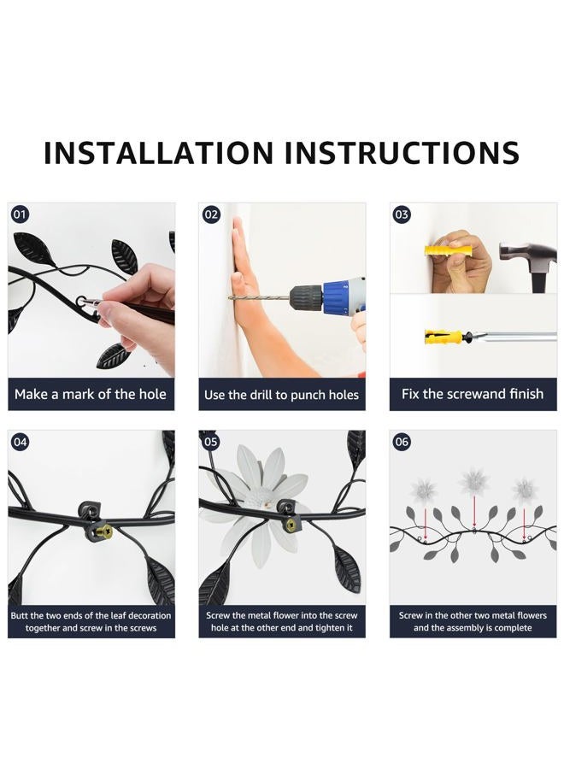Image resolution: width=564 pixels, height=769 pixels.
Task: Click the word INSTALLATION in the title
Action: pyautogui.click(x=158, y=153)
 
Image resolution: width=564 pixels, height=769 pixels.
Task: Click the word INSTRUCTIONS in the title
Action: pyautogui.click(x=402, y=153)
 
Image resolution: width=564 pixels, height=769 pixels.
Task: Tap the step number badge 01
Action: pyautogui.click(x=20, y=214)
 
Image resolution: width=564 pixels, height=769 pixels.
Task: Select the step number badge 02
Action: pyautogui.click(x=211, y=214)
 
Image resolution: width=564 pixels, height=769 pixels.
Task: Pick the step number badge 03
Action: pyautogui.click(x=402, y=214)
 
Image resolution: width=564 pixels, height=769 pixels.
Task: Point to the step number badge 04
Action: pyautogui.click(x=20, y=442)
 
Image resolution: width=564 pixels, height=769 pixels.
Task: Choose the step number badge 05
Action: pyautogui.click(x=211, y=442)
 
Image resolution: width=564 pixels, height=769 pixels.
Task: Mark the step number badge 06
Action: pyautogui.click(x=402, y=442)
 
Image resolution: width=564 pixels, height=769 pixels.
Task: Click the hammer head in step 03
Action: pyautogui.click(x=528, y=254)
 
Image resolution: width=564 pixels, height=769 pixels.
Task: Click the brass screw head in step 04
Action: pyautogui.click(x=104, y=531)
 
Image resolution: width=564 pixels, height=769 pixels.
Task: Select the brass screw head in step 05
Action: pyautogui.click(x=293, y=524)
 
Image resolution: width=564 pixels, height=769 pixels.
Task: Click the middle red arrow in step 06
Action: pyautogui.click(x=473, y=512)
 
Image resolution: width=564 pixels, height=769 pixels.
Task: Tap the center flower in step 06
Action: pyautogui.click(x=473, y=481)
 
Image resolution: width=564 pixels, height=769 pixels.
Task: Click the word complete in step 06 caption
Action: pyautogui.click(x=512, y=628)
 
